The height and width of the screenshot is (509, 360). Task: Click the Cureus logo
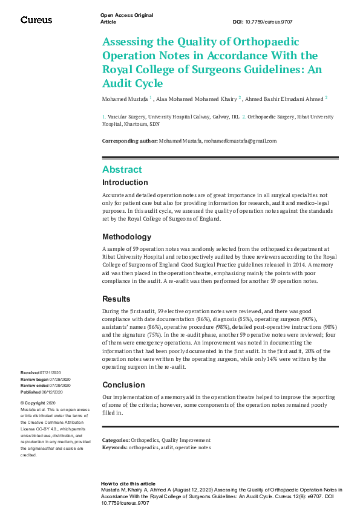click(x=36, y=20)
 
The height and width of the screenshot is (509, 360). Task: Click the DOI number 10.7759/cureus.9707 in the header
click(x=275, y=22)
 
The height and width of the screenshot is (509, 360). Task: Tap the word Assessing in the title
click(x=128, y=42)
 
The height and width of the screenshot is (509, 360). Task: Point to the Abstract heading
click(x=122, y=170)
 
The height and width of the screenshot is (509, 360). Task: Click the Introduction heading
click(x=125, y=183)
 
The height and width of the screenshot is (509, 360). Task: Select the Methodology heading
click(x=126, y=237)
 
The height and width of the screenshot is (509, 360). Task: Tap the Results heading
click(x=116, y=299)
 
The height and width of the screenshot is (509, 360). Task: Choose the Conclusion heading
click(x=123, y=384)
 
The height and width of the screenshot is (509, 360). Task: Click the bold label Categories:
click(x=116, y=441)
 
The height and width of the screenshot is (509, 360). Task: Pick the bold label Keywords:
click(x=115, y=448)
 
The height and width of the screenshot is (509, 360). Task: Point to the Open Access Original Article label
click(x=126, y=18)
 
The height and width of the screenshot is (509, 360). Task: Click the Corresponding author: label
click(x=129, y=141)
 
